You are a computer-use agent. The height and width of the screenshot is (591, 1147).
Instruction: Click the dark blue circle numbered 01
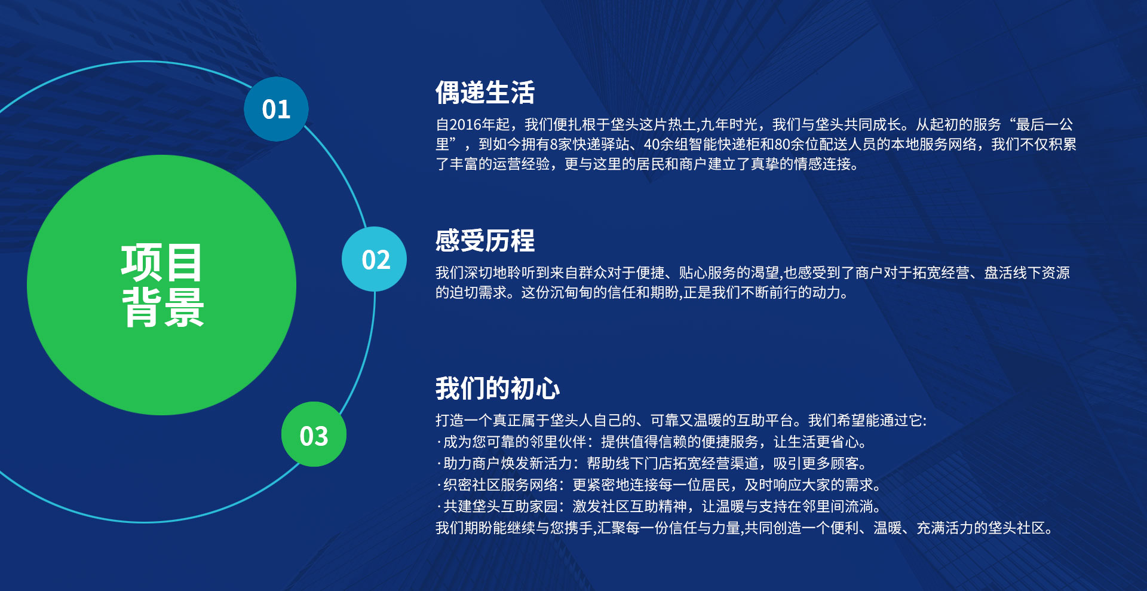pos(276,109)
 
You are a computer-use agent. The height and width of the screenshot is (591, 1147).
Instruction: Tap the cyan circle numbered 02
pos(375,259)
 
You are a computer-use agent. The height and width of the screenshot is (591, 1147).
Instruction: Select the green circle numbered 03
pos(314,434)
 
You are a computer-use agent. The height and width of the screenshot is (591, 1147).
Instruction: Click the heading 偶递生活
pos(485,93)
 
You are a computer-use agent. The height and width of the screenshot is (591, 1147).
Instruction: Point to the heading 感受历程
pos(485,241)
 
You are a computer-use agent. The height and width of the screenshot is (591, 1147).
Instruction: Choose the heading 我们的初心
pos(498,388)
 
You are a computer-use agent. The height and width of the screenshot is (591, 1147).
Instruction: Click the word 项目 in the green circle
pos(162,262)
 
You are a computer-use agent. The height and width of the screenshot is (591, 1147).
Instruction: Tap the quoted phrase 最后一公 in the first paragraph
pos(1044,125)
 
